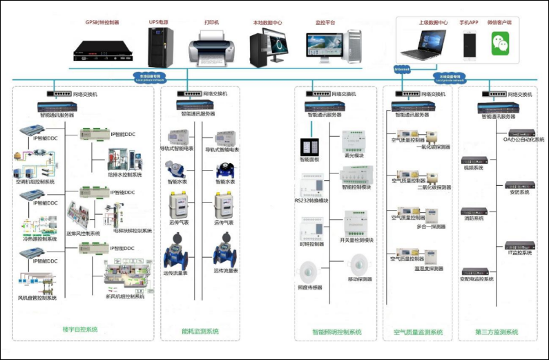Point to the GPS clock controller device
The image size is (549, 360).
pos(100,47)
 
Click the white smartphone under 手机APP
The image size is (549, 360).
pos(470,44)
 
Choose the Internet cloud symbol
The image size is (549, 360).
pos(401,70)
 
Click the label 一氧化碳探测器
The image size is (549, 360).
pos(434,147)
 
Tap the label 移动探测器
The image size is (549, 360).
pos(359,279)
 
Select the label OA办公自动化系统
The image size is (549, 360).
pos(521,139)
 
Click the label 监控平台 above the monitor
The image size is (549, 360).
pos(324,23)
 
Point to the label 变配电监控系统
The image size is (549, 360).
pos(477,279)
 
